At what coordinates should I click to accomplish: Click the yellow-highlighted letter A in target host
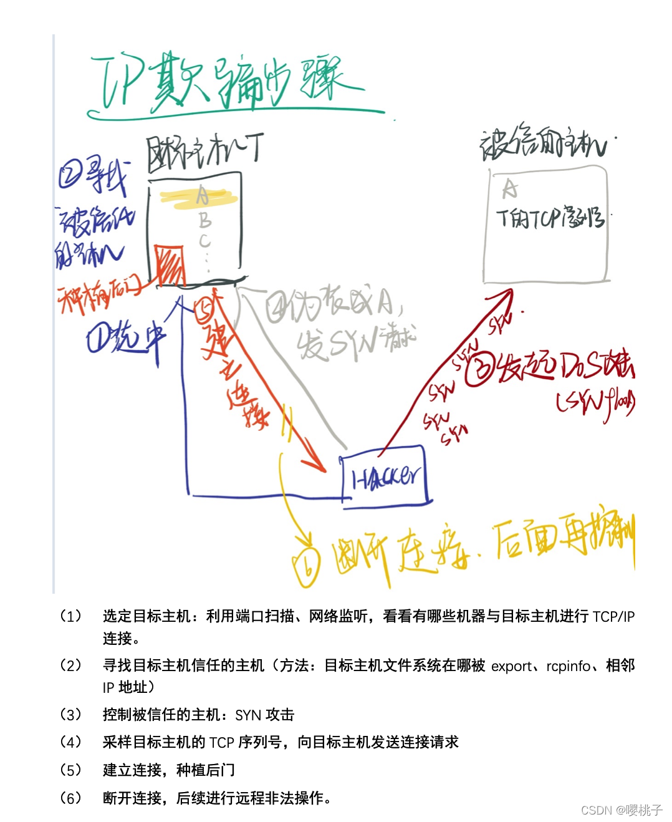tap(202, 196)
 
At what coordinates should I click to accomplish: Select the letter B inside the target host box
tap(204, 220)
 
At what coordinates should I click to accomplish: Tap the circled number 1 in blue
tap(98, 341)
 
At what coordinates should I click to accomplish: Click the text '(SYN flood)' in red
tap(595, 402)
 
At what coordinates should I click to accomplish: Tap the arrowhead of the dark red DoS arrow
tap(507, 294)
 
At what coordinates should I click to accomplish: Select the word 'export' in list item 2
tap(511, 666)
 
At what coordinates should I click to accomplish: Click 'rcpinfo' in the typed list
tap(568, 666)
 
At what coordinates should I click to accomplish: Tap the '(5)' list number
tap(71, 770)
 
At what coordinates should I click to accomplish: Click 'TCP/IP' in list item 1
tap(613, 617)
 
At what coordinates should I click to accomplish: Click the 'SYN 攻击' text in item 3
tap(264, 715)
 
